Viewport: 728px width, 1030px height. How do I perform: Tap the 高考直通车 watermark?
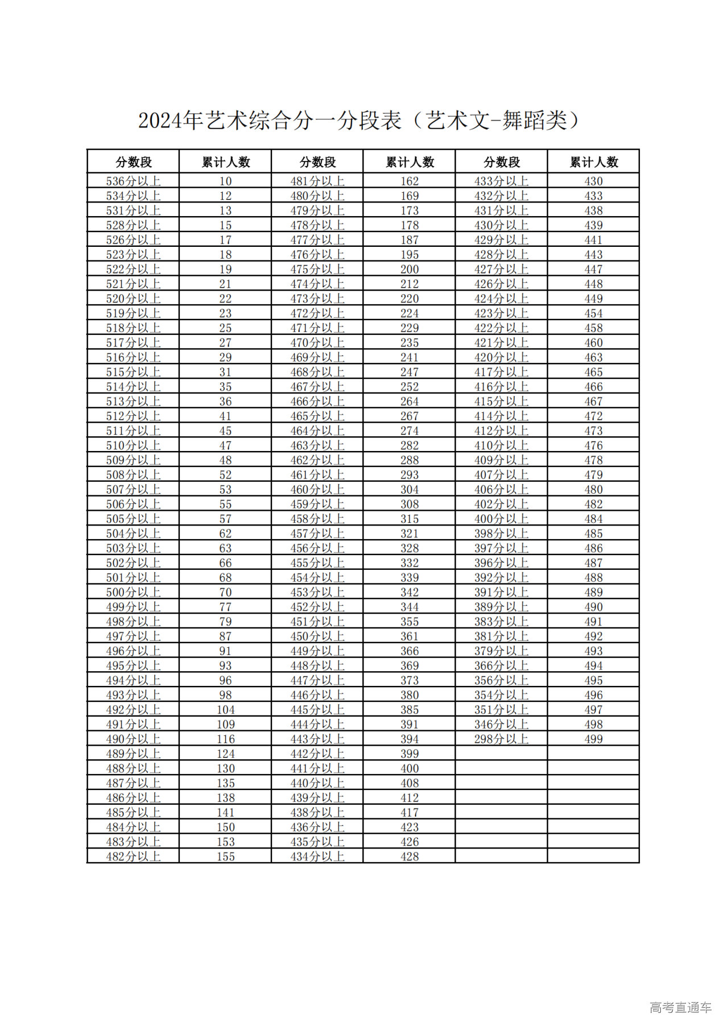click(680, 1008)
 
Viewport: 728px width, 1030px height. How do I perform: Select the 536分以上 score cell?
click(133, 181)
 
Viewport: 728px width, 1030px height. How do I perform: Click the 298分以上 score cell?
click(501, 739)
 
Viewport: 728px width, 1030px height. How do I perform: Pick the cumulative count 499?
click(593, 739)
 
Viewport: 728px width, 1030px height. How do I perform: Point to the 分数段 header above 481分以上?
click(317, 162)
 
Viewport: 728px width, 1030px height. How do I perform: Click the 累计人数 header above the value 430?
click(593, 162)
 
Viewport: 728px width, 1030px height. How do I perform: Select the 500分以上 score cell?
click(133, 592)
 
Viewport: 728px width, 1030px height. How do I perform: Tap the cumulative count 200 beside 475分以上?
click(409, 270)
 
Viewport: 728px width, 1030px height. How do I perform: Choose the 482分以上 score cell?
click(133, 857)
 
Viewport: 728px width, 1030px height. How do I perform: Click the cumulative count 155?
click(226, 857)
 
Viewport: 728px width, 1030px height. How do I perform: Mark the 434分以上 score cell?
click(317, 857)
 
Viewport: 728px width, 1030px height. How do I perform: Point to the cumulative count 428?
click(409, 857)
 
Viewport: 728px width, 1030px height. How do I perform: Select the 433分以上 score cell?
click(501, 181)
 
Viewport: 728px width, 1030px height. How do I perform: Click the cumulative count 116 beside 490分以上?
click(226, 739)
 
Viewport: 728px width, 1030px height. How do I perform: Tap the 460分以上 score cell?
click(317, 490)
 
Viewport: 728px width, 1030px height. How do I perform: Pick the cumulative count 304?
click(409, 490)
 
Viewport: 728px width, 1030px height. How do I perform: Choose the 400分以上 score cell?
click(501, 519)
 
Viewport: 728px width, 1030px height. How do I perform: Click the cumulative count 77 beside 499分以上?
click(226, 607)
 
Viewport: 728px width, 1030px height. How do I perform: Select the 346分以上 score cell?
click(501, 725)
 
